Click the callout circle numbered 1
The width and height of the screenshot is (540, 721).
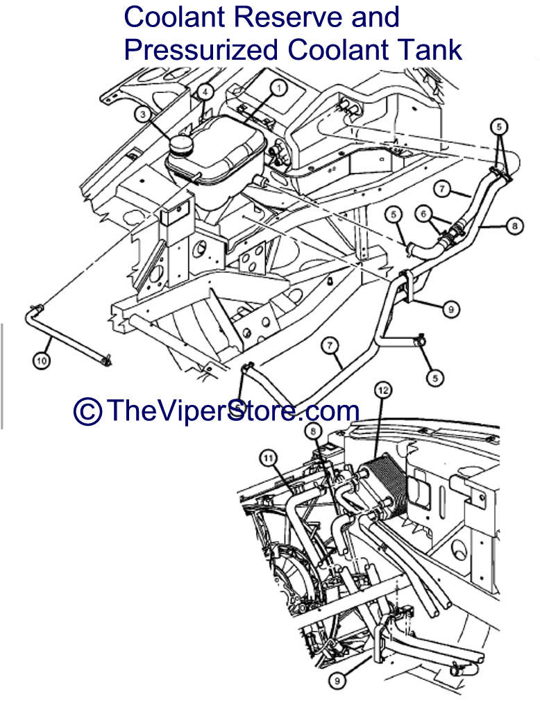[x=278, y=88]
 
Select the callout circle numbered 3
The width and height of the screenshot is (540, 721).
[x=143, y=114]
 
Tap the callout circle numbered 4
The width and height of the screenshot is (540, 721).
[x=205, y=92]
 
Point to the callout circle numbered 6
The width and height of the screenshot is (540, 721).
[x=423, y=213]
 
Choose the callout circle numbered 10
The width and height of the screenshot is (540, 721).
[x=42, y=360]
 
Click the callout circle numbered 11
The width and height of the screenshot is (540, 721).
[x=269, y=458]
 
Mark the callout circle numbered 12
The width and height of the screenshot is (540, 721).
[x=383, y=390]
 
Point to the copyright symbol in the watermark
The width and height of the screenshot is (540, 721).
[x=87, y=411]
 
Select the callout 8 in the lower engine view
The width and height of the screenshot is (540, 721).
[x=314, y=431]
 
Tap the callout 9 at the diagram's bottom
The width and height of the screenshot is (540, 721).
[x=337, y=680]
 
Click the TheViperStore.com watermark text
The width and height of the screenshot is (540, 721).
[x=233, y=411]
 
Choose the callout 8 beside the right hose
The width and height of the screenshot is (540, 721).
[x=514, y=226]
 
